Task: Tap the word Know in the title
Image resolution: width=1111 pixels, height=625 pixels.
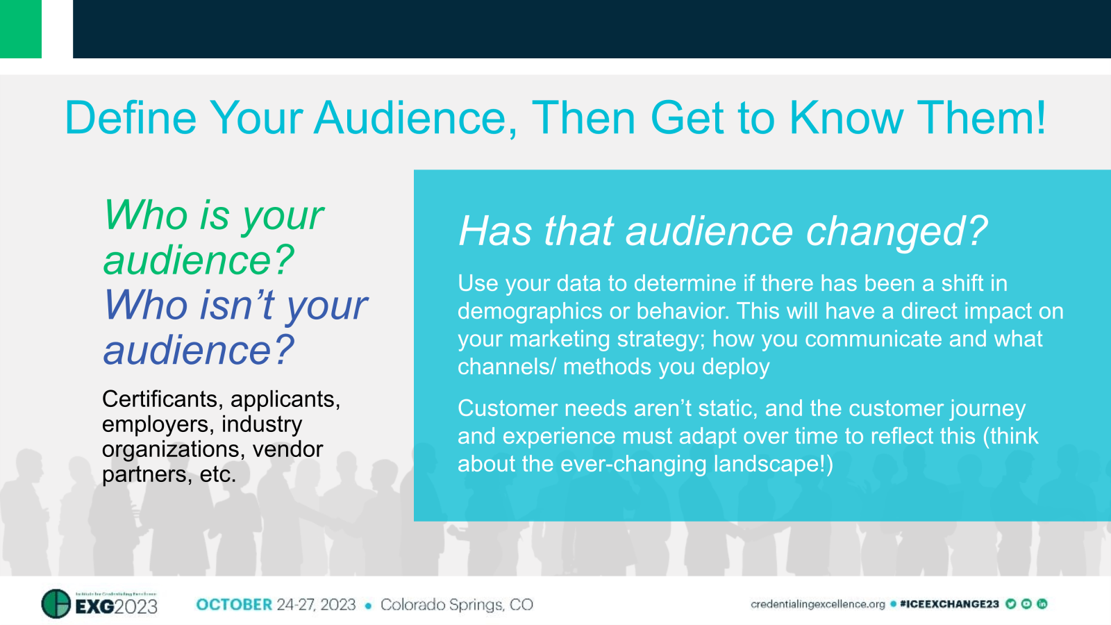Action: coord(846,117)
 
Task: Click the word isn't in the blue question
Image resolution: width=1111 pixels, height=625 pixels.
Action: coord(237,305)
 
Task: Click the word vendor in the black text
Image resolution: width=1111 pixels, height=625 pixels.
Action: coord(287,449)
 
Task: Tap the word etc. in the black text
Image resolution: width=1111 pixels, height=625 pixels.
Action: coord(217,475)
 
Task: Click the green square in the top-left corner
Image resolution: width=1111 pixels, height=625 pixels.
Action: coord(20,28)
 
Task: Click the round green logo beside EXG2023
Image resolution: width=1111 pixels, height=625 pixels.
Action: coord(56,603)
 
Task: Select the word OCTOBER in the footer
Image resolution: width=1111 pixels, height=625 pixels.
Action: coord(234,605)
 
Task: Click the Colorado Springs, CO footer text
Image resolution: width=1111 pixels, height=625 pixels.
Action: coord(457,605)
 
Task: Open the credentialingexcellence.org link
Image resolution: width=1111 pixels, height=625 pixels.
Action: coord(817,604)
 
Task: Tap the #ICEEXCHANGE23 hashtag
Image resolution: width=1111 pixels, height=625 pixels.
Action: coord(949,604)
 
